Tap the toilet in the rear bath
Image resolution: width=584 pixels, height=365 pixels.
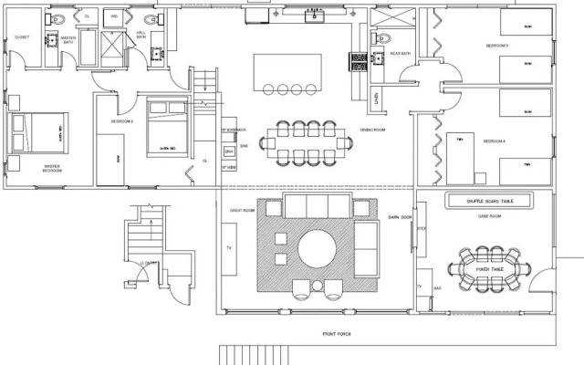tap(383, 37)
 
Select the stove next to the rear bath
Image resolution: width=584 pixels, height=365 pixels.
tap(359, 61)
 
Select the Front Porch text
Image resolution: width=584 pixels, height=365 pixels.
tap(337, 334)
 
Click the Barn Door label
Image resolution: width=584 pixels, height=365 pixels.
tap(396, 217)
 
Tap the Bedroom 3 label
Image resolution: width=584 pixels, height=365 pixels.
tap(495, 45)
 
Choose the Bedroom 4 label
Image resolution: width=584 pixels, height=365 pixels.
tap(494, 141)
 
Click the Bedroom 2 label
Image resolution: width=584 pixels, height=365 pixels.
tap(123, 120)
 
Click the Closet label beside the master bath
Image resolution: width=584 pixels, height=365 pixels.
tap(22, 37)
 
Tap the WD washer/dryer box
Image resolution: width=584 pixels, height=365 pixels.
tap(115, 16)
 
